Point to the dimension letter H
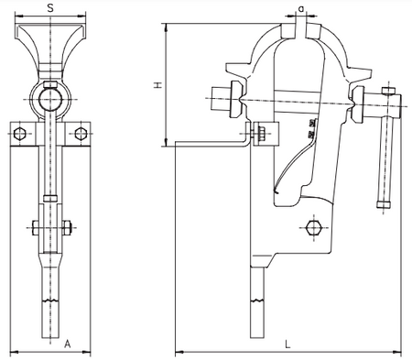point(157,84)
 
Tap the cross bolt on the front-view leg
point(50,226)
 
